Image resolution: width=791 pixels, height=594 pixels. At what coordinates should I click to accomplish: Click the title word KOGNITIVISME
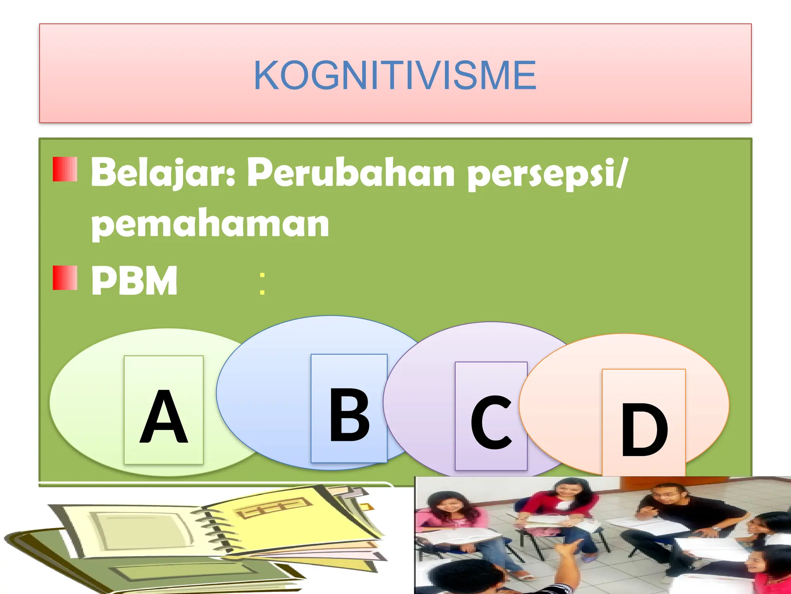(395, 76)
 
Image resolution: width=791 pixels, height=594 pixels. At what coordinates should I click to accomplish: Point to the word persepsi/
(547, 174)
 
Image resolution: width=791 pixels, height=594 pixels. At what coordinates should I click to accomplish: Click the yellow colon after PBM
(262, 283)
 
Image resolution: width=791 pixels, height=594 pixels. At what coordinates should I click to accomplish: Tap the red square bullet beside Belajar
(65, 169)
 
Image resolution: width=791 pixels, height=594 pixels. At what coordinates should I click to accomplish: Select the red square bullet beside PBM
(65, 278)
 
